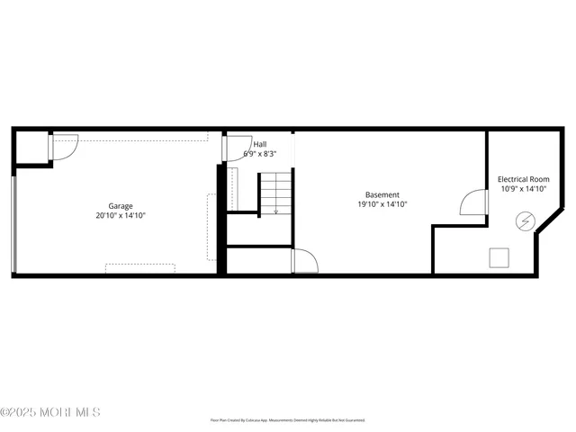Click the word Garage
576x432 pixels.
(121, 206)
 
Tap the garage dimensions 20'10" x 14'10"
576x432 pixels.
(121, 216)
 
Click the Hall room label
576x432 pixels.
(259, 144)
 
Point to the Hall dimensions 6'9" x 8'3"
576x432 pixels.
(259, 154)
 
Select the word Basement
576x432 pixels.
(382, 194)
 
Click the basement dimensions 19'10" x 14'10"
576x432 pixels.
(382, 204)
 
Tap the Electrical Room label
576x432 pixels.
(523, 179)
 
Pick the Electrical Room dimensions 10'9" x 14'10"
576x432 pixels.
(523, 189)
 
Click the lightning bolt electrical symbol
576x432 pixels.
(524, 220)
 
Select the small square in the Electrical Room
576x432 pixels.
(499, 258)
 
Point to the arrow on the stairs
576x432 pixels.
(276, 210)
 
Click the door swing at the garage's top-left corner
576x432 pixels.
(66, 147)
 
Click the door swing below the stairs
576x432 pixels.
(305, 261)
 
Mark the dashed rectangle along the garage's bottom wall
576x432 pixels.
(140, 267)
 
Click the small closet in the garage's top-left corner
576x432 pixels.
(32, 148)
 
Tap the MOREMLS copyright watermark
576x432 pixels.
(50, 412)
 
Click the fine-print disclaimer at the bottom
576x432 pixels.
(288, 420)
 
